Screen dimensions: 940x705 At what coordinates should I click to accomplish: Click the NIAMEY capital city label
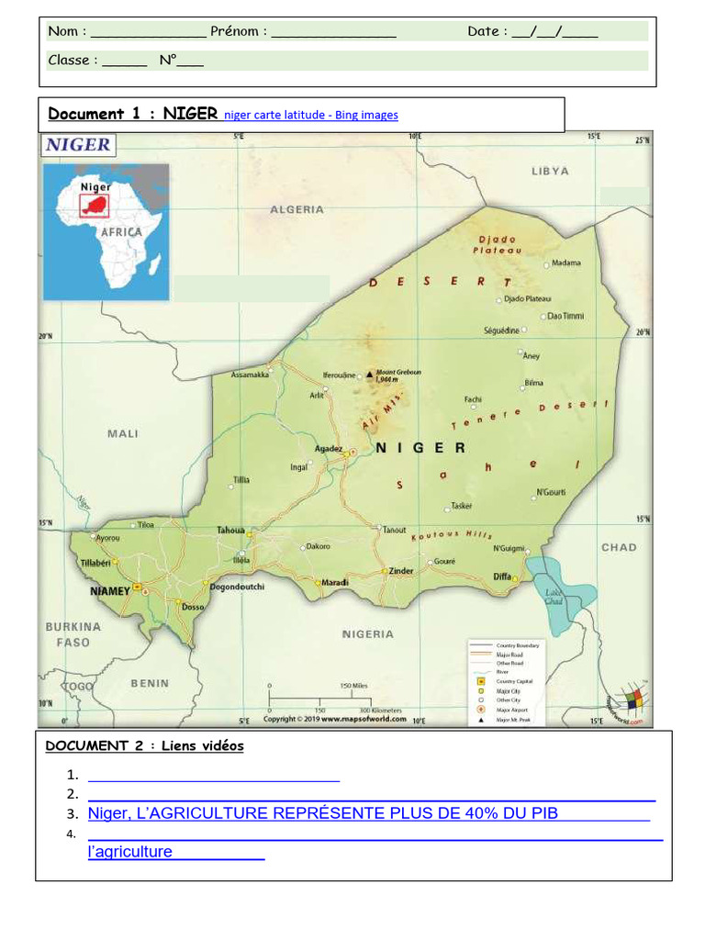click(x=110, y=591)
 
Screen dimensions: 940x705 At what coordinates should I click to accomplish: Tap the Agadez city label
click(x=328, y=448)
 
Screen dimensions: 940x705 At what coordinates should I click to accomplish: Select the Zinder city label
click(x=401, y=570)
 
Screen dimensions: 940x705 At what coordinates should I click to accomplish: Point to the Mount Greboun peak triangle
click(x=370, y=375)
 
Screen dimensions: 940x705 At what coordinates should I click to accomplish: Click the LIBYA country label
click(x=550, y=171)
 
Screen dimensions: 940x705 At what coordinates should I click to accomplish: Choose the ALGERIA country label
click(x=297, y=209)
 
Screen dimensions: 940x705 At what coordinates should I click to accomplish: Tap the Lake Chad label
click(x=554, y=598)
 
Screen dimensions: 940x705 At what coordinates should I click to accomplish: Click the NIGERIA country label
click(x=368, y=633)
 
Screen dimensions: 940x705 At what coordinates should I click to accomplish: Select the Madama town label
click(x=565, y=263)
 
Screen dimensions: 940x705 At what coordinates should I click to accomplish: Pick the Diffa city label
click(x=502, y=576)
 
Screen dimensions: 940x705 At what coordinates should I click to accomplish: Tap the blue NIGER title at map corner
click(x=78, y=144)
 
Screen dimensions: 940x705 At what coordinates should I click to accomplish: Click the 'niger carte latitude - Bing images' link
click(x=311, y=115)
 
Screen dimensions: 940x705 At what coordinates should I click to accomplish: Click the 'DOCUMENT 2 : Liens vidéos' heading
click(x=144, y=745)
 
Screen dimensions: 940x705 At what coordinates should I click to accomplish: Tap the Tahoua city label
click(x=230, y=530)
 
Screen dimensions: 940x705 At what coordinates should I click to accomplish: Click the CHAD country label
click(x=619, y=547)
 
